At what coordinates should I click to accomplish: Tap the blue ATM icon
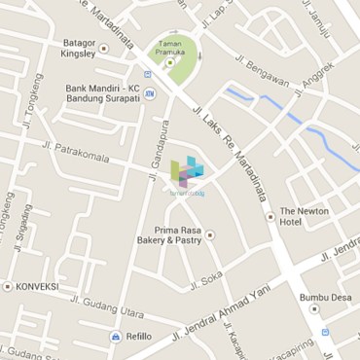coord(149,107)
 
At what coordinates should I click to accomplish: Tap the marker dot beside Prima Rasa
coord(209,234)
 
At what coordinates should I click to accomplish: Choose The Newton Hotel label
coord(305,216)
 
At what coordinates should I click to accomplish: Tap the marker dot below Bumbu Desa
coord(314,309)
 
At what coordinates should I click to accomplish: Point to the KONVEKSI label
coord(37,287)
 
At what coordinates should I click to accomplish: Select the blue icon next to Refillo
coord(115,336)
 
